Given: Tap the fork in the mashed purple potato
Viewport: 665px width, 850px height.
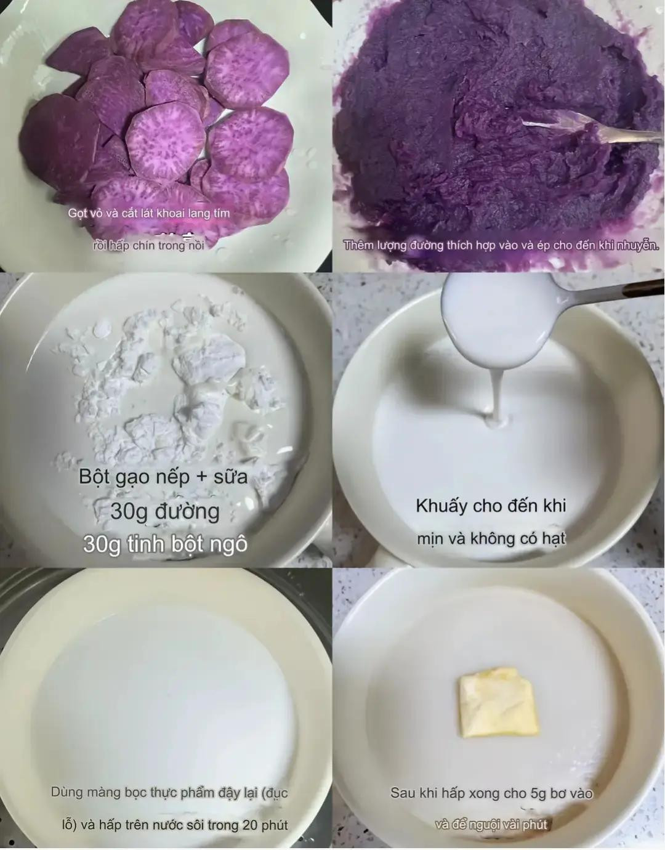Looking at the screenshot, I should (x=591, y=129).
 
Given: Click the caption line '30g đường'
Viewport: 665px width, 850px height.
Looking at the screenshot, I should (x=165, y=511).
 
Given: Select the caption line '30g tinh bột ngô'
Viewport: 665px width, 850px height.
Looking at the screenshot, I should (x=165, y=544).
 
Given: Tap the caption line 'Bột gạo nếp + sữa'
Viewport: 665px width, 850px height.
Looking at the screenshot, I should (x=163, y=477).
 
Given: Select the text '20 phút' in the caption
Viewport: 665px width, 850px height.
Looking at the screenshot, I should (x=265, y=825).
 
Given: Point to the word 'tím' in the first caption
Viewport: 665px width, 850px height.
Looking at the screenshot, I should (x=219, y=214).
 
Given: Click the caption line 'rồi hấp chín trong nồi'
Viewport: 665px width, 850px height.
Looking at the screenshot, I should (x=148, y=245).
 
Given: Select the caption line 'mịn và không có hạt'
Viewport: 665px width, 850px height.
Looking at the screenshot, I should (x=491, y=538).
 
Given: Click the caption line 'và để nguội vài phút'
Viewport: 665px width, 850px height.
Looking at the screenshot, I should (x=491, y=824).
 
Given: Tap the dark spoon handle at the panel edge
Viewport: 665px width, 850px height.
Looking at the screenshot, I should (x=640, y=289).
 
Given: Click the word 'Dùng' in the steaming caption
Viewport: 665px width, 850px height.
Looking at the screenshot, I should (x=66, y=793).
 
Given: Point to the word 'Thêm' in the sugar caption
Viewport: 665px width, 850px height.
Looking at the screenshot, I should (x=358, y=245).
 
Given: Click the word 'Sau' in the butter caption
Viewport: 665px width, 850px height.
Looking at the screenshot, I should (x=403, y=793).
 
